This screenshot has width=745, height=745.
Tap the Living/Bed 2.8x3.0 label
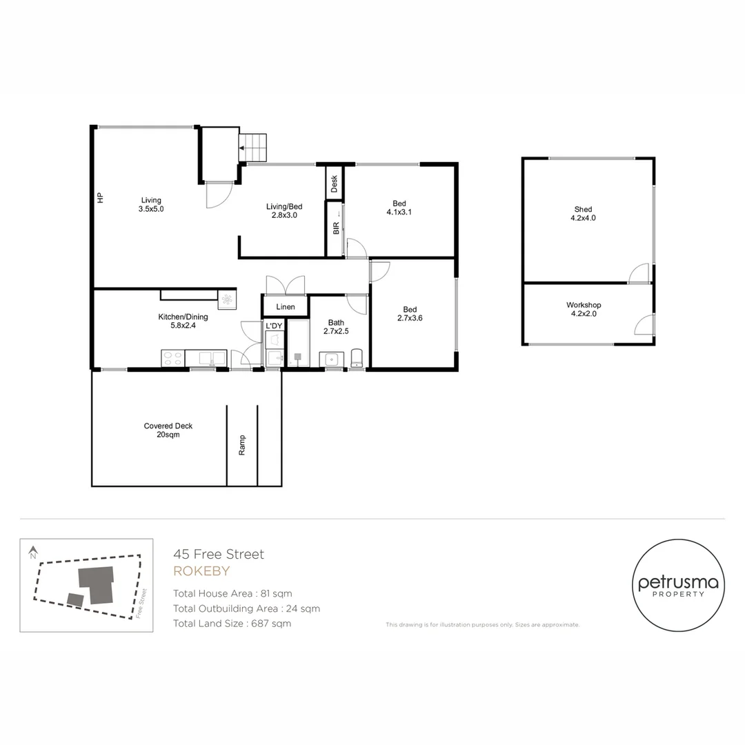tap(284, 210)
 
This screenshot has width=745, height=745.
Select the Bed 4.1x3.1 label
tap(399, 208)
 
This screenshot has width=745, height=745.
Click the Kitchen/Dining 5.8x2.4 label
tap(183, 321)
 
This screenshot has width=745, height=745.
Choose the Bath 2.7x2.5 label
tap(336, 326)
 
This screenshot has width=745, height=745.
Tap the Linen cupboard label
tap(285, 307)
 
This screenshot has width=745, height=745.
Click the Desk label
tap(335, 183)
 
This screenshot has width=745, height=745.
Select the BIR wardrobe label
tap(335, 228)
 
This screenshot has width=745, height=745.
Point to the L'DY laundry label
tap(274, 326)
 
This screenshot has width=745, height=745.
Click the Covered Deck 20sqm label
tap(168, 430)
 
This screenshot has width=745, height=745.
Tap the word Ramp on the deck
tap(242, 446)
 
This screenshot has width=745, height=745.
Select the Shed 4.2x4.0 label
tap(583, 214)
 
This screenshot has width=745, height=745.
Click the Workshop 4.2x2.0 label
tap(584, 309)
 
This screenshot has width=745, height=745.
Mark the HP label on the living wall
tap(100, 198)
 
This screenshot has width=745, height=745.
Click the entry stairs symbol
tap(252, 147)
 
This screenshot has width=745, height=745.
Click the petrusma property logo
tap(678, 585)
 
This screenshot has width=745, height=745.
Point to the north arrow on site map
tap(32, 553)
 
